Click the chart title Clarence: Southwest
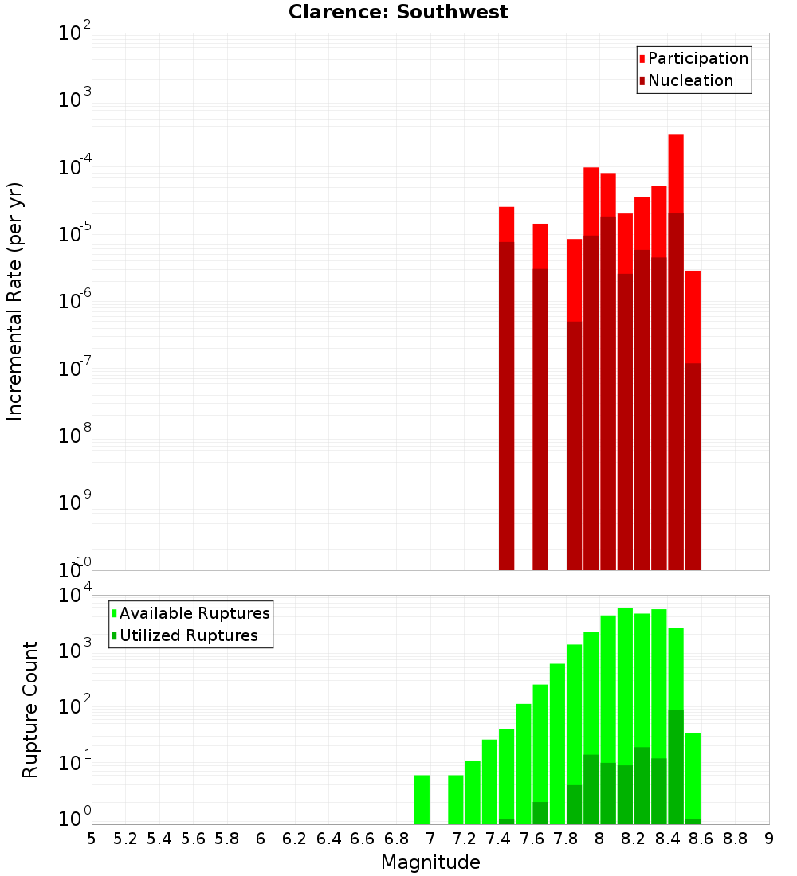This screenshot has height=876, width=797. click(x=398, y=12)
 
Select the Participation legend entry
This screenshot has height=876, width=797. click(x=697, y=58)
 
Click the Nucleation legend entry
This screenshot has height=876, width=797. click(x=689, y=80)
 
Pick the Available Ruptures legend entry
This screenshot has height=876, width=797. click(x=194, y=613)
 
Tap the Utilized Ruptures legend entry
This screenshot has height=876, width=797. click(x=188, y=635)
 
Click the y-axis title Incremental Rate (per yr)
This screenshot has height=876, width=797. click(x=15, y=301)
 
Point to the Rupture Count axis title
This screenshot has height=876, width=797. click(x=30, y=709)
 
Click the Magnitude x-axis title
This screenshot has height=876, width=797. click(x=430, y=862)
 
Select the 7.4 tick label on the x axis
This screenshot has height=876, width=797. click(x=498, y=839)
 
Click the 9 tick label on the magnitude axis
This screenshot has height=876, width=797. click(x=769, y=839)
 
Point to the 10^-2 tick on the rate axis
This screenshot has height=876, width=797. click(x=75, y=33)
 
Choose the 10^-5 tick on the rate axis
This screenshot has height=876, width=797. click(x=75, y=234)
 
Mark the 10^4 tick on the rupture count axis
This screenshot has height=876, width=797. click(x=75, y=596)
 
